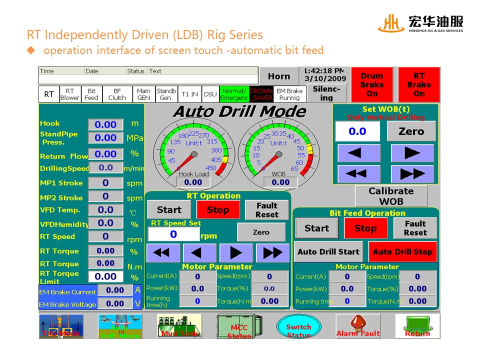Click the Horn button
coord(278,76)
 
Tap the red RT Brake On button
coord(418,84)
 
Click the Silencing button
coord(326,93)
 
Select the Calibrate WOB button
coord(391,196)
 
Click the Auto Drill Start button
coord(328,252)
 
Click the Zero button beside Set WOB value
coord(411,131)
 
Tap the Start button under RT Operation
coord(169,210)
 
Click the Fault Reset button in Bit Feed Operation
coord(415,228)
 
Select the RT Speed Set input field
coord(173,234)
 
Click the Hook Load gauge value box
coord(193,182)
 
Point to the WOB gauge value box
coord(280,182)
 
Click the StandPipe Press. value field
coord(105,137)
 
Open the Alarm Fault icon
coord(358,326)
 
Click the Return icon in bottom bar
coord(417,326)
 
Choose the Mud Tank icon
coord(179,326)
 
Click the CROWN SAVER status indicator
coord(261,94)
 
